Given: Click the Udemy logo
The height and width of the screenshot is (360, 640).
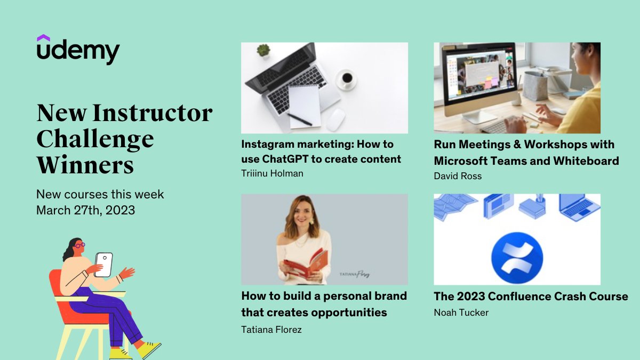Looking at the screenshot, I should [x=78, y=51].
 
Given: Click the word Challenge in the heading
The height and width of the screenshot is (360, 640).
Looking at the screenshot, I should [x=95, y=139].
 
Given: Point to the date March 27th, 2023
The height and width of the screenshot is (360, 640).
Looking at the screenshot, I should [x=85, y=210].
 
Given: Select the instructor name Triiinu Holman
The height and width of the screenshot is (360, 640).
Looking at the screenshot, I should [x=272, y=173].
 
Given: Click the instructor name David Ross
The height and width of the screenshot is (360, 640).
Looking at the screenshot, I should [x=458, y=175].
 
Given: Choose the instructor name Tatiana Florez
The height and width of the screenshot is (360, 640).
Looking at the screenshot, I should [x=271, y=330].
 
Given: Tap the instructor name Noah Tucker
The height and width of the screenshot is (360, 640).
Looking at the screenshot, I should [x=461, y=313].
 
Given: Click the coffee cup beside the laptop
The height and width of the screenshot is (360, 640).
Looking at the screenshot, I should [x=347, y=79].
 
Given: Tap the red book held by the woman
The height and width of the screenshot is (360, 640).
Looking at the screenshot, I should [x=306, y=262].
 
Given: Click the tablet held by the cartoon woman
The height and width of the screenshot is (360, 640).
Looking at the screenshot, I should [x=104, y=265].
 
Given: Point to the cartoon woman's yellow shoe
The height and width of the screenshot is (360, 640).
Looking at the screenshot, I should [x=148, y=350].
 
